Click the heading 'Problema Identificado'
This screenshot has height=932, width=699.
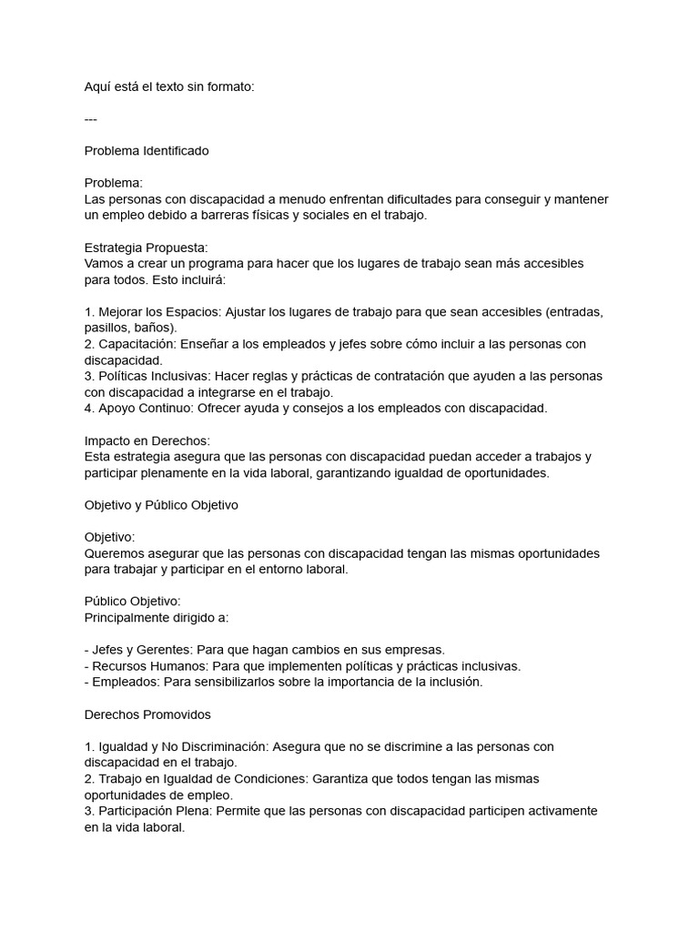pos(147,150)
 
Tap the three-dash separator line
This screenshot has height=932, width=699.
pos(91,118)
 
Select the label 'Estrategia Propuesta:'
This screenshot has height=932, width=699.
pos(147,247)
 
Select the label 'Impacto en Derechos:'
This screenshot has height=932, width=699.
pos(147,440)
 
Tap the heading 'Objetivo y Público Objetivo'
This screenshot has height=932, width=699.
pos(161,505)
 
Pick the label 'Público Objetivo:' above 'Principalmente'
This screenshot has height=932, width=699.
pos(133,601)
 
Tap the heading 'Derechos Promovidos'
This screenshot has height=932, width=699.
pos(147,714)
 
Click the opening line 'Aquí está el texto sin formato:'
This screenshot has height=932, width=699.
pos(170,86)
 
